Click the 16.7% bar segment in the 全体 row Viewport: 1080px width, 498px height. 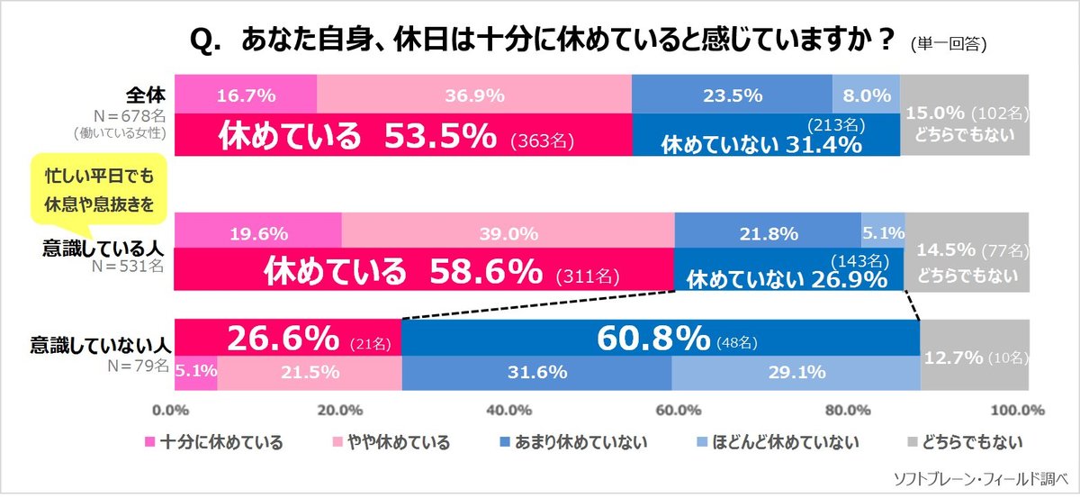tap(245, 95)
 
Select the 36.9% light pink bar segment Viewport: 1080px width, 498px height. tap(474, 95)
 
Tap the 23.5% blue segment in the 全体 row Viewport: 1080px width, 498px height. tap(732, 95)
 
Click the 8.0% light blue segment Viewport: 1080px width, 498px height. tap(866, 95)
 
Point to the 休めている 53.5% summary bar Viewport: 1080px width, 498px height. tap(402, 136)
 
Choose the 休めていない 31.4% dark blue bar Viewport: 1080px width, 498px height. tap(765, 137)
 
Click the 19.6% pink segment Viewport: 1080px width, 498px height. tap(257, 233)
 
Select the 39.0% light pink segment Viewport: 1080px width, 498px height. tap(508, 233)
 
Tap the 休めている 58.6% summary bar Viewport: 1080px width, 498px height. tap(423, 270)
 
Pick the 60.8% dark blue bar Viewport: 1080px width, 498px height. tap(661, 339)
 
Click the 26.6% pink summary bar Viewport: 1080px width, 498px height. tap(287, 339)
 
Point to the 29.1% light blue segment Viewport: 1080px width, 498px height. tap(796, 371)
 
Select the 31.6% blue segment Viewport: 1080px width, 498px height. tap(537, 371)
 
